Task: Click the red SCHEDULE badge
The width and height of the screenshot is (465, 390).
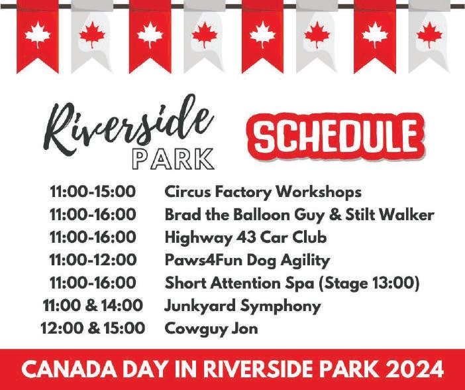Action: click(336, 137)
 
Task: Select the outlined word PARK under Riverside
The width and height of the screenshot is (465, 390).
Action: click(173, 159)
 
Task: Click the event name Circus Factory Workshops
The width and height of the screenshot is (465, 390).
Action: click(263, 192)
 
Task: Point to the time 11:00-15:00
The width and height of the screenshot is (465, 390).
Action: click(93, 192)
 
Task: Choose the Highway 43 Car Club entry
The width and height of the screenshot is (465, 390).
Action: click(246, 237)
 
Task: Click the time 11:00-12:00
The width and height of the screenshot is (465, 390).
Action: click(93, 260)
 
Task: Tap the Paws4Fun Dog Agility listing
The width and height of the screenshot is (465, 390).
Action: click(247, 261)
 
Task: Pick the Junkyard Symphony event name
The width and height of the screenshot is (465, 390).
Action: click(242, 306)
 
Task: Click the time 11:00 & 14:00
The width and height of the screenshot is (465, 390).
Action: click(93, 306)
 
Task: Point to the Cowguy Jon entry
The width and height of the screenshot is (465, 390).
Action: click(211, 329)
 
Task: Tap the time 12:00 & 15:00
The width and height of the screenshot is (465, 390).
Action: click(93, 328)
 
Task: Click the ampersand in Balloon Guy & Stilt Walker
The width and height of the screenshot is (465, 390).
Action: click(335, 215)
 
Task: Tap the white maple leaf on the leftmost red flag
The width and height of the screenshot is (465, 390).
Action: click(38, 35)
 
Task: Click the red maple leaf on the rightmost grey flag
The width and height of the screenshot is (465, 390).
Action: click(429, 35)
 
